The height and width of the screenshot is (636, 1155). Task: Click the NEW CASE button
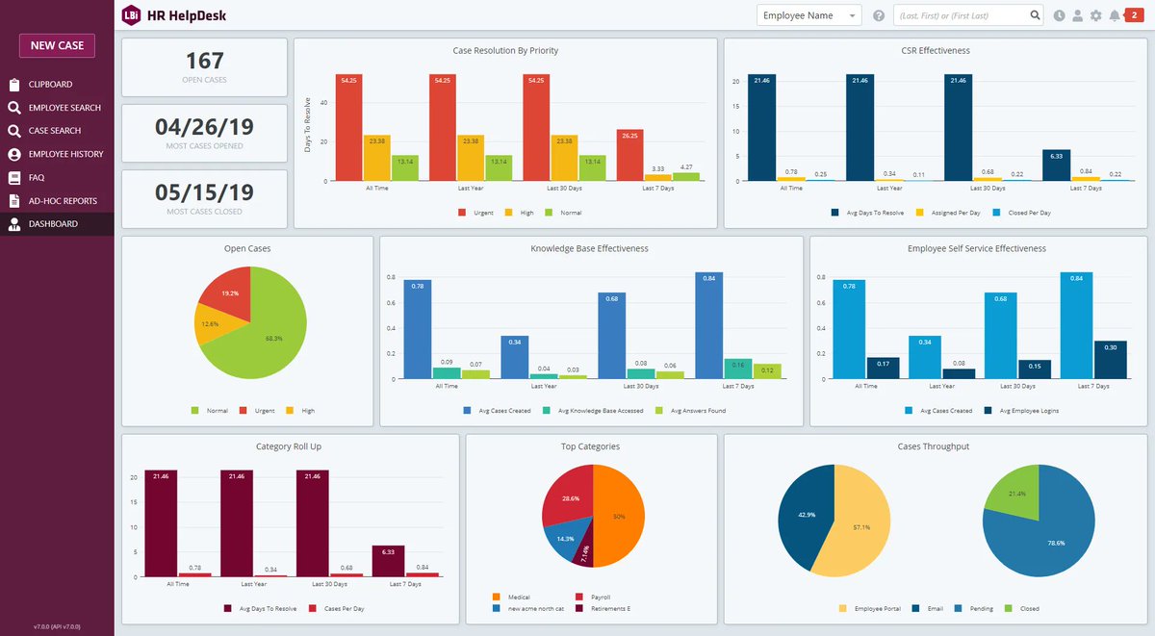(x=57, y=45)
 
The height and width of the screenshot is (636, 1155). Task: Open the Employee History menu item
(x=64, y=154)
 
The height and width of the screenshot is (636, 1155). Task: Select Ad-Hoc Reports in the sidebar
(x=63, y=201)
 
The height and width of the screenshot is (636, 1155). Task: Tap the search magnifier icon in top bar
(x=1035, y=15)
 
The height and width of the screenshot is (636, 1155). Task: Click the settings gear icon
(x=1095, y=15)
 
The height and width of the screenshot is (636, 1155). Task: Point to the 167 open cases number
(x=204, y=61)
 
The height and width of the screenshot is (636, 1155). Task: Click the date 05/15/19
(x=204, y=192)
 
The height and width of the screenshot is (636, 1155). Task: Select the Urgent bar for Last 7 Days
(x=629, y=155)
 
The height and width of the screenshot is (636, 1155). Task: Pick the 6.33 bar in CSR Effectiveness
(x=1056, y=165)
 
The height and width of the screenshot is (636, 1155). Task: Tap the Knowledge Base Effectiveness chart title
(x=589, y=248)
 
